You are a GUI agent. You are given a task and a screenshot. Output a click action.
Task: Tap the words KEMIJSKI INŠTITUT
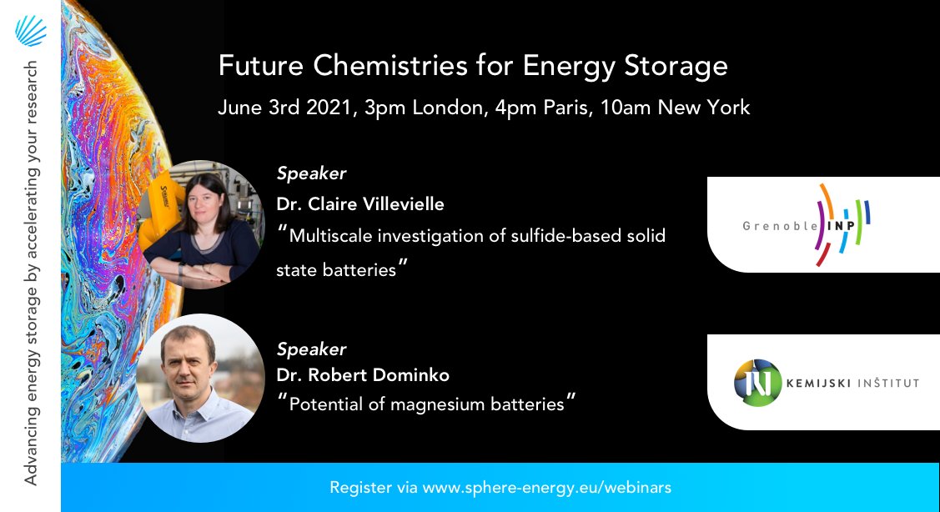(852, 384)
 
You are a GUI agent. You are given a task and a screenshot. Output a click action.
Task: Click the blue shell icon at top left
(30, 31)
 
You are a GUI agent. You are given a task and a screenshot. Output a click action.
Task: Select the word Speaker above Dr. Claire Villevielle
(311, 173)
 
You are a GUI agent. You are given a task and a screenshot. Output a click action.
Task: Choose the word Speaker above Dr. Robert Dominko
(311, 349)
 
